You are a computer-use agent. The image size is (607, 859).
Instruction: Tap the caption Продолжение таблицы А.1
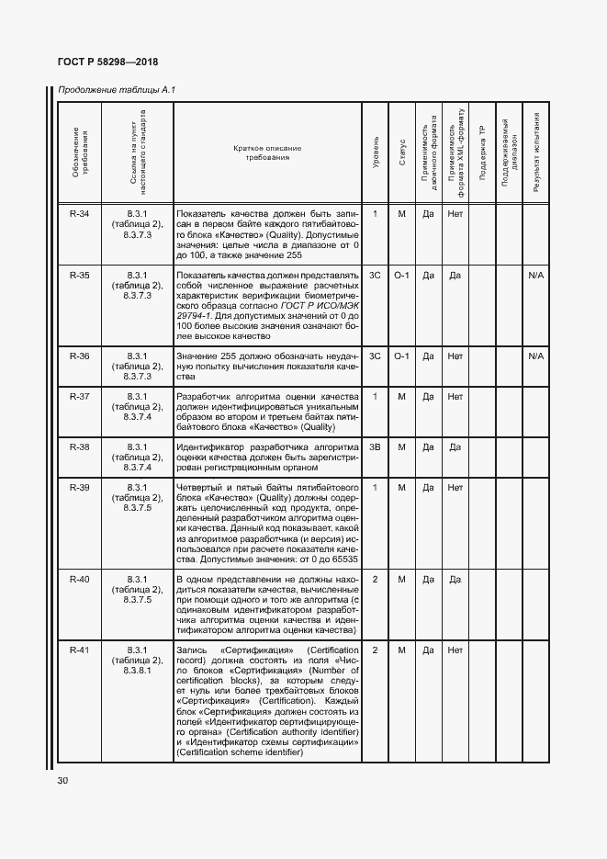117,90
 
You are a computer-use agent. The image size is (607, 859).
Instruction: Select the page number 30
63,780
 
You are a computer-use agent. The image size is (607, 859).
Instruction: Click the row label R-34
80,214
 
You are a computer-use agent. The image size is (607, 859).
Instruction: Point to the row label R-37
80,396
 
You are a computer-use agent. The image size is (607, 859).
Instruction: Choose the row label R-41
80,650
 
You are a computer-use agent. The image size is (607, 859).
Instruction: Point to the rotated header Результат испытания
536,151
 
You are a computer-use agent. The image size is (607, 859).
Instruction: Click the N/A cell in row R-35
536,275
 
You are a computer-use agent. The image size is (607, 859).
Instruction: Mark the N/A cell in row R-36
536,356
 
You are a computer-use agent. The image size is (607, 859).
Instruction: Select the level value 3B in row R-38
376,447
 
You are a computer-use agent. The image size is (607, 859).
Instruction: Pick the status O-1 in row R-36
401,356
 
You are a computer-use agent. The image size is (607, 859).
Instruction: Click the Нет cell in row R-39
455,487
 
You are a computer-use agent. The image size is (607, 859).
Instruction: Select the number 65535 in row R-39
339,558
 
